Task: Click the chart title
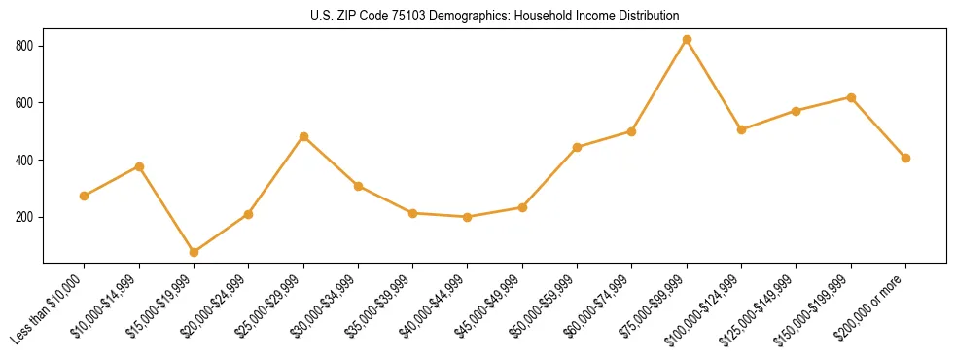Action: pyautogui.click(x=495, y=16)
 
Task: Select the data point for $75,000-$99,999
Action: pyautogui.click(x=687, y=40)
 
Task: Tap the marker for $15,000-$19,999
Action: pyautogui.click(x=194, y=252)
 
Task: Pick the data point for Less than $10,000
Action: pyautogui.click(x=85, y=196)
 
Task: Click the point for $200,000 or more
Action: pyautogui.click(x=905, y=158)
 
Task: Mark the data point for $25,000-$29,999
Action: pyautogui.click(x=303, y=137)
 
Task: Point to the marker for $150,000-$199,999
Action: pyautogui.click(x=851, y=97)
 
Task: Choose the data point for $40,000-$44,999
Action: pyautogui.click(x=468, y=217)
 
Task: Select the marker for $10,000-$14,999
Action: pyautogui.click(x=139, y=166)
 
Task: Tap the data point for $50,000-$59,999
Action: pyautogui.click(x=578, y=147)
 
